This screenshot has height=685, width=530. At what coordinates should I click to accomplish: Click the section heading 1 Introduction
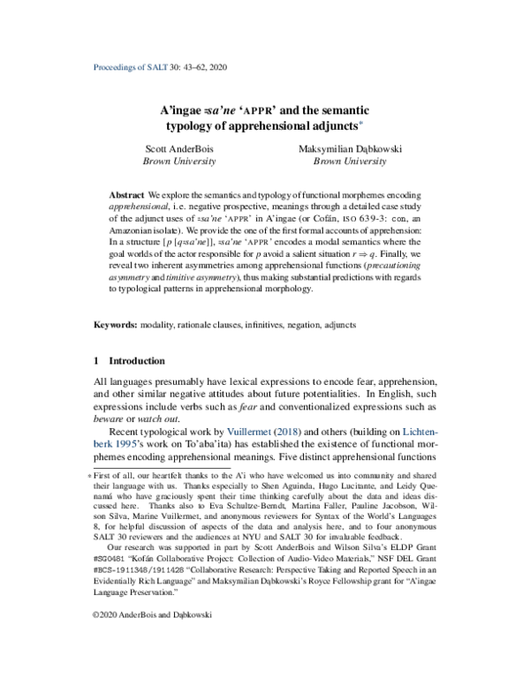coord(129,361)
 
